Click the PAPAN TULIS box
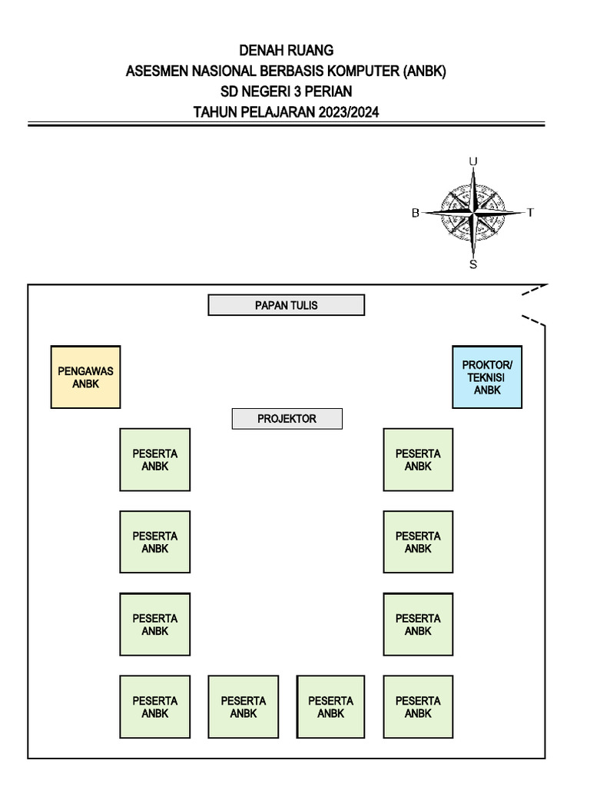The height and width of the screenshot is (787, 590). click(286, 305)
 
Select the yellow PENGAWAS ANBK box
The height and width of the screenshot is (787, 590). click(85, 377)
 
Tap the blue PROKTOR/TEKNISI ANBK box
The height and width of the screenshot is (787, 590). click(487, 377)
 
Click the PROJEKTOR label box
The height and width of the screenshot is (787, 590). click(287, 419)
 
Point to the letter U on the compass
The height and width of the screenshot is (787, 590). click(473, 161)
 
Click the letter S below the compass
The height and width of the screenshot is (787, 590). click(473, 264)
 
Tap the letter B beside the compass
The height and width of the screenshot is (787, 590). click(416, 213)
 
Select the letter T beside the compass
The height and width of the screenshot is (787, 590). click(530, 213)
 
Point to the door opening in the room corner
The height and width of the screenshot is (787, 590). click(535, 304)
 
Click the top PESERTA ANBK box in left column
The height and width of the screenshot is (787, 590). click(154, 460)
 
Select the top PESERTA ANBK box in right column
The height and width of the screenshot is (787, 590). click(418, 460)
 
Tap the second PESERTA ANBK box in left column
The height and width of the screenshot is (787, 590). click(154, 542)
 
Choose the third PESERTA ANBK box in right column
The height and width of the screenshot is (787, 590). click(418, 624)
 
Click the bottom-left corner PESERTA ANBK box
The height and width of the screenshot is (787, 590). click(154, 706)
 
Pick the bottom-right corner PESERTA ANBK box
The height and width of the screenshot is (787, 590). click(418, 706)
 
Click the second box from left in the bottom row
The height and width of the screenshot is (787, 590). click(243, 706)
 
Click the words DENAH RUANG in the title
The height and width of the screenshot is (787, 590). click(287, 51)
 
